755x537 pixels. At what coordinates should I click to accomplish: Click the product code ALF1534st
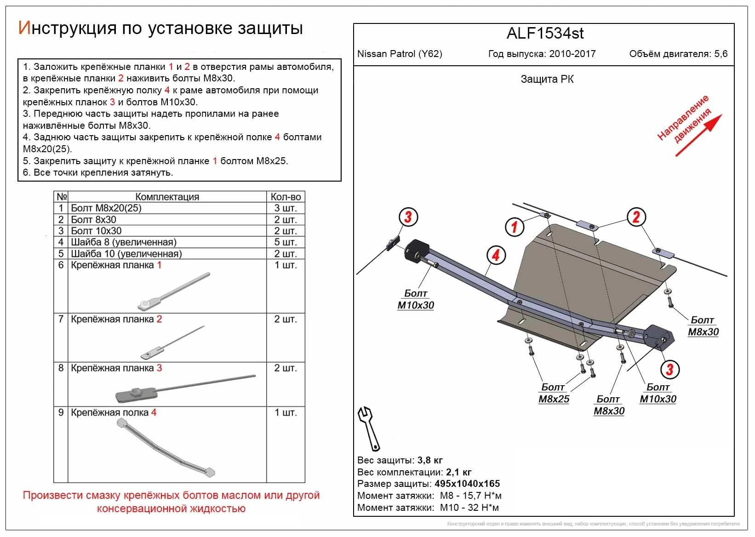545,34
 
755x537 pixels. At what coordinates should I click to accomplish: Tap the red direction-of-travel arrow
698,136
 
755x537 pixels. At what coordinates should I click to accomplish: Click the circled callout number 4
496,255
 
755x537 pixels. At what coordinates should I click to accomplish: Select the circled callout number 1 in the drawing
515,226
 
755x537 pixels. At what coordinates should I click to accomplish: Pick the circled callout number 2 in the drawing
636,217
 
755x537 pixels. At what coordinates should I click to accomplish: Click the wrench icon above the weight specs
369,428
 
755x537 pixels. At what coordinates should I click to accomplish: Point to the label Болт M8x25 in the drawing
554,393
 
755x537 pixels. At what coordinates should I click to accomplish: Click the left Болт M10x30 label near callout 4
416,299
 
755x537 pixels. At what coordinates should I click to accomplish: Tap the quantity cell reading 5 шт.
286,242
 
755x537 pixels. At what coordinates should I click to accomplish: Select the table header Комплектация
167,197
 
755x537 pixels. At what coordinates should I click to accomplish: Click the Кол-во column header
286,197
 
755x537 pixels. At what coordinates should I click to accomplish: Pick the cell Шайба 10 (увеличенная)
126,253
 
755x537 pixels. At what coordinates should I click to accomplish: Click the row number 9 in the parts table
61,412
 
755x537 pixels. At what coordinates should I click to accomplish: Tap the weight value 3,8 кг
430,460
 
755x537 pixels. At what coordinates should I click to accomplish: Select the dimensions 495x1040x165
467,484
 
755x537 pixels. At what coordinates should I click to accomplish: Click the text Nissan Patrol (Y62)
400,54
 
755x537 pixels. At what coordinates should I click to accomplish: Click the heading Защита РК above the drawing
547,79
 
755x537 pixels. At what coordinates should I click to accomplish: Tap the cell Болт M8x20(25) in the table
106,208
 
